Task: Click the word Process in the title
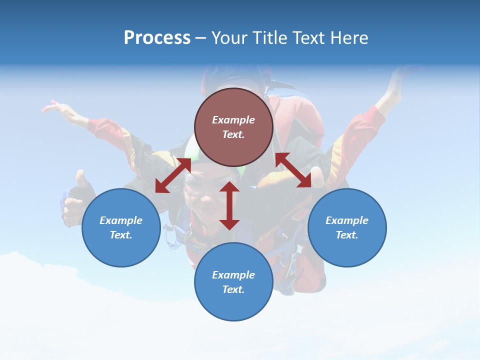pyautogui.click(x=157, y=38)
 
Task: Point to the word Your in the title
pyautogui.click(x=230, y=38)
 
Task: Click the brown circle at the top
pyautogui.click(x=233, y=127)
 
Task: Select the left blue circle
pyautogui.click(x=121, y=227)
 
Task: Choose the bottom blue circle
pyautogui.click(x=233, y=282)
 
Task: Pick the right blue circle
pyautogui.click(x=347, y=227)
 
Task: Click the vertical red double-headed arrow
pyautogui.click(x=229, y=205)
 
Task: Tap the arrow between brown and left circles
pyautogui.click(x=173, y=175)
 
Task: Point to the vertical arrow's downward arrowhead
pyautogui.click(x=229, y=224)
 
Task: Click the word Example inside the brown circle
pyautogui.click(x=233, y=120)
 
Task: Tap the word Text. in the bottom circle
pyautogui.click(x=233, y=289)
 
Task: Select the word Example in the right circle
pyautogui.click(x=347, y=220)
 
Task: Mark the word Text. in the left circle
pyautogui.click(x=121, y=235)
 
